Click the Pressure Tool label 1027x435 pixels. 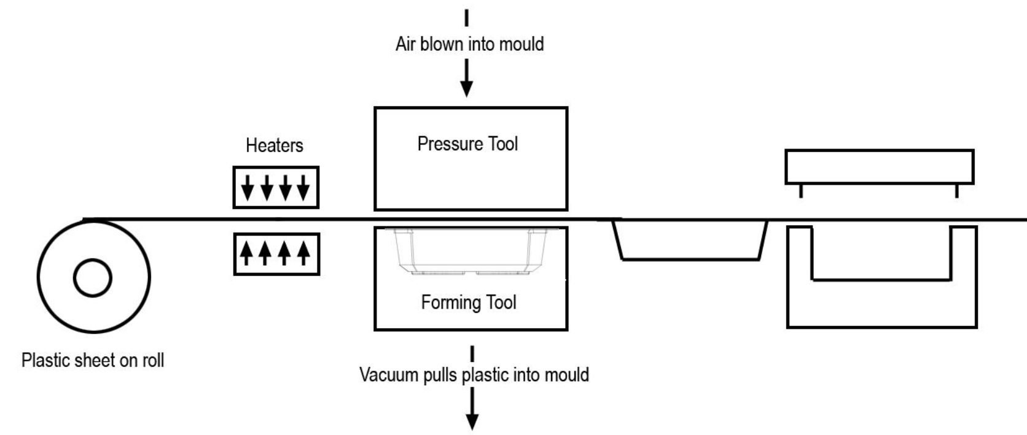tap(467, 144)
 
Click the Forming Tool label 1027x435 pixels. tap(469, 302)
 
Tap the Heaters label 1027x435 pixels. tap(275, 145)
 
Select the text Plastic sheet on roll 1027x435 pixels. tap(93, 360)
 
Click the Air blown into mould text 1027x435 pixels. tap(469, 44)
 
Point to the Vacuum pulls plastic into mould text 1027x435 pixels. tap(474, 375)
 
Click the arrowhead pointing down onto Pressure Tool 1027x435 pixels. tap(467, 88)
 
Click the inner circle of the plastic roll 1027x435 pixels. tap(93, 278)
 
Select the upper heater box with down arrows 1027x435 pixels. tap(276, 187)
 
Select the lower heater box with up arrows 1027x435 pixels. tap(276, 253)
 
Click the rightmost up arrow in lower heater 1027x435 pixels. tap(303, 252)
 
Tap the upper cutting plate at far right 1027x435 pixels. tap(879, 166)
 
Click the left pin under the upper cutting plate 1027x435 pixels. tap(801, 191)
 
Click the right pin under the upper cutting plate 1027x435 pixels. tap(956, 191)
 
